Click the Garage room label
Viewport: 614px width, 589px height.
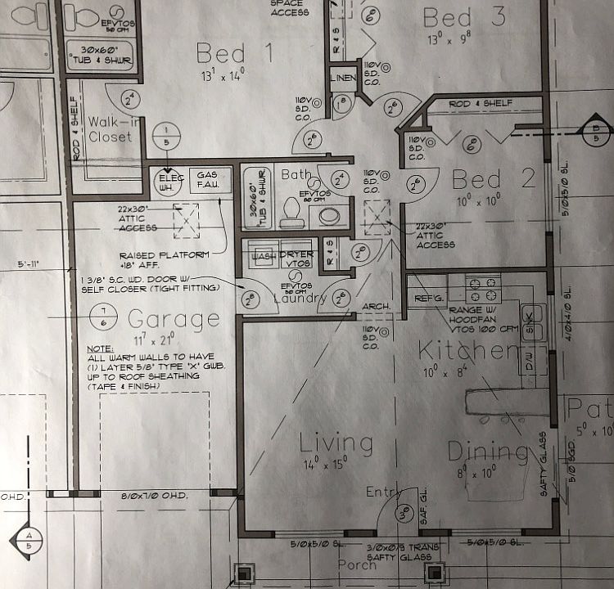point(173,318)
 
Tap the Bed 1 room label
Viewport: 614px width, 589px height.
point(221,55)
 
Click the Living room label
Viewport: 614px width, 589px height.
point(336,443)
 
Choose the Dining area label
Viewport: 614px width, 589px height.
point(488,451)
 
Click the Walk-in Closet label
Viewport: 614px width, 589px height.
point(110,128)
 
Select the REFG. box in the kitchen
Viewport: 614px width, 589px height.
point(428,299)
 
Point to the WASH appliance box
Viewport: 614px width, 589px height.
point(264,255)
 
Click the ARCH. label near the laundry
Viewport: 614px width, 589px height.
point(375,308)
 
